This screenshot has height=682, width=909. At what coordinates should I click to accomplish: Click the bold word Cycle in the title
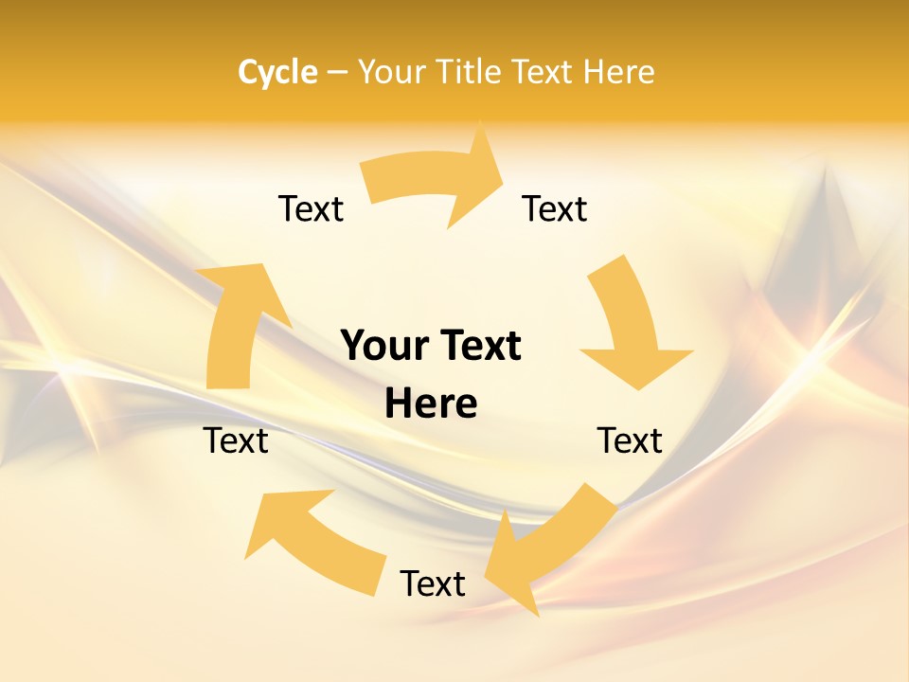click(277, 72)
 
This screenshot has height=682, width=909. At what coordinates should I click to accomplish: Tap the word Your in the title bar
click(391, 72)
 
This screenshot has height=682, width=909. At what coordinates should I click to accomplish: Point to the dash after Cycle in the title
click(337, 73)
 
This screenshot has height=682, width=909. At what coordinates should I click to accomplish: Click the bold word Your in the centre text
click(383, 346)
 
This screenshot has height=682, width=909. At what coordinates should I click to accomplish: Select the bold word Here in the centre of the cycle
click(431, 404)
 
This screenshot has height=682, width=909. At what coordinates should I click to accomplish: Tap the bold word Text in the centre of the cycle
click(476, 346)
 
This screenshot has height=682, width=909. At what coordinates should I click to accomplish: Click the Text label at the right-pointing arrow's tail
click(311, 208)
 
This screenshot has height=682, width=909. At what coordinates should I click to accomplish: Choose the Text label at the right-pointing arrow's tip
click(554, 208)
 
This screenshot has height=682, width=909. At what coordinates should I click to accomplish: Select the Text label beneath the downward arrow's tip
click(630, 440)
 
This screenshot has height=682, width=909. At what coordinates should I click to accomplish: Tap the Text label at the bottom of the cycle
click(433, 583)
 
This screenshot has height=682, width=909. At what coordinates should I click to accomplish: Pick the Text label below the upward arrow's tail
click(236, 440)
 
